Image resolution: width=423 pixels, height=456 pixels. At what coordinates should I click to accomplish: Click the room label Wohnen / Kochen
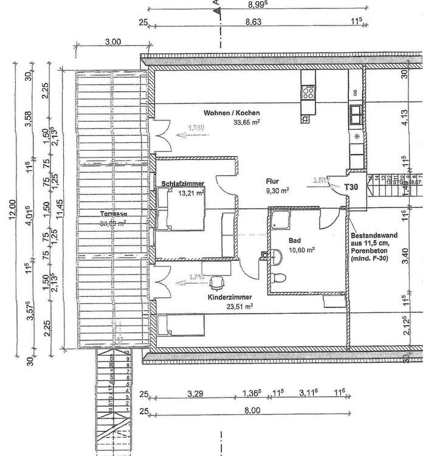coord(232,113)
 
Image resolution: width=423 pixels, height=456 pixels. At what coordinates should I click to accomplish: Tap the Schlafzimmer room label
coord(182,184)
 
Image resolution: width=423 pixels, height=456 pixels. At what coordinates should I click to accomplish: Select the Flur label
coord(272,181)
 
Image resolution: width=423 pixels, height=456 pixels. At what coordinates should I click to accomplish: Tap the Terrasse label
coord(113,214)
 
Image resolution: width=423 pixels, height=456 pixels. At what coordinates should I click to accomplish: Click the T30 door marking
coord(351,187)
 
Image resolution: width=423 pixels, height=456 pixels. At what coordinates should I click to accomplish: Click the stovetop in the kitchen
coord(309,92)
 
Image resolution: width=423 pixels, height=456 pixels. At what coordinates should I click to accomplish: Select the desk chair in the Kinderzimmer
coord(216,282)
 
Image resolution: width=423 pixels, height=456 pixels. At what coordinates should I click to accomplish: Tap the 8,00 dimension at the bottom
coord(252,411)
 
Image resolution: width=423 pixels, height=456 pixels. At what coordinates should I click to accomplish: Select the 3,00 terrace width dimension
coord(113,42)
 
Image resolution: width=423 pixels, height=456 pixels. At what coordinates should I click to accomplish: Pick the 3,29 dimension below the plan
coord(194,394)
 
